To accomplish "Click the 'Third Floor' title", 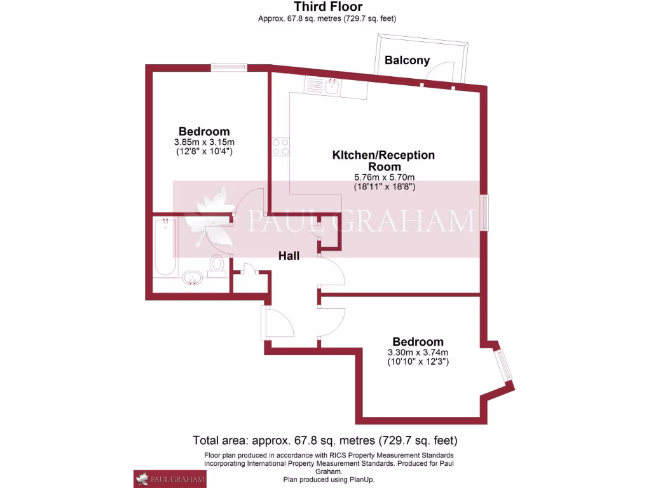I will click(x=328, y=7).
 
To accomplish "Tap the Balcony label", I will click(x=407, y=60).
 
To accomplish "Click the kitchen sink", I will click(x=332, y=86).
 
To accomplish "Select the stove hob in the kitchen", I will click(x=280, y=147).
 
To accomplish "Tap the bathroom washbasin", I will click(x=191, y=277).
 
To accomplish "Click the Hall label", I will click(x=289, y=255).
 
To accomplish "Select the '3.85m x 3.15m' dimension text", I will click(x=204, y=142).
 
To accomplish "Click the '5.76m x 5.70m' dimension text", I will click(x=385, y=177).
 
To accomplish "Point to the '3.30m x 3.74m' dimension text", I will click(x=418, y=353).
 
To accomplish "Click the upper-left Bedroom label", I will click(x=204, y=132).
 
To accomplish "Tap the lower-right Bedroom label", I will click(x=418, y=342).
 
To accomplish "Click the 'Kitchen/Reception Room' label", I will click(x=384, y=160).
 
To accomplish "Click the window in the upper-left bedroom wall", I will click(x=229, y=67).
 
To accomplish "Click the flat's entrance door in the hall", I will click(x=278, y=323).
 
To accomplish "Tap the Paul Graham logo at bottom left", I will click(x=169, y=478).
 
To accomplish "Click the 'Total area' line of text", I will click(x=325, y=440).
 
